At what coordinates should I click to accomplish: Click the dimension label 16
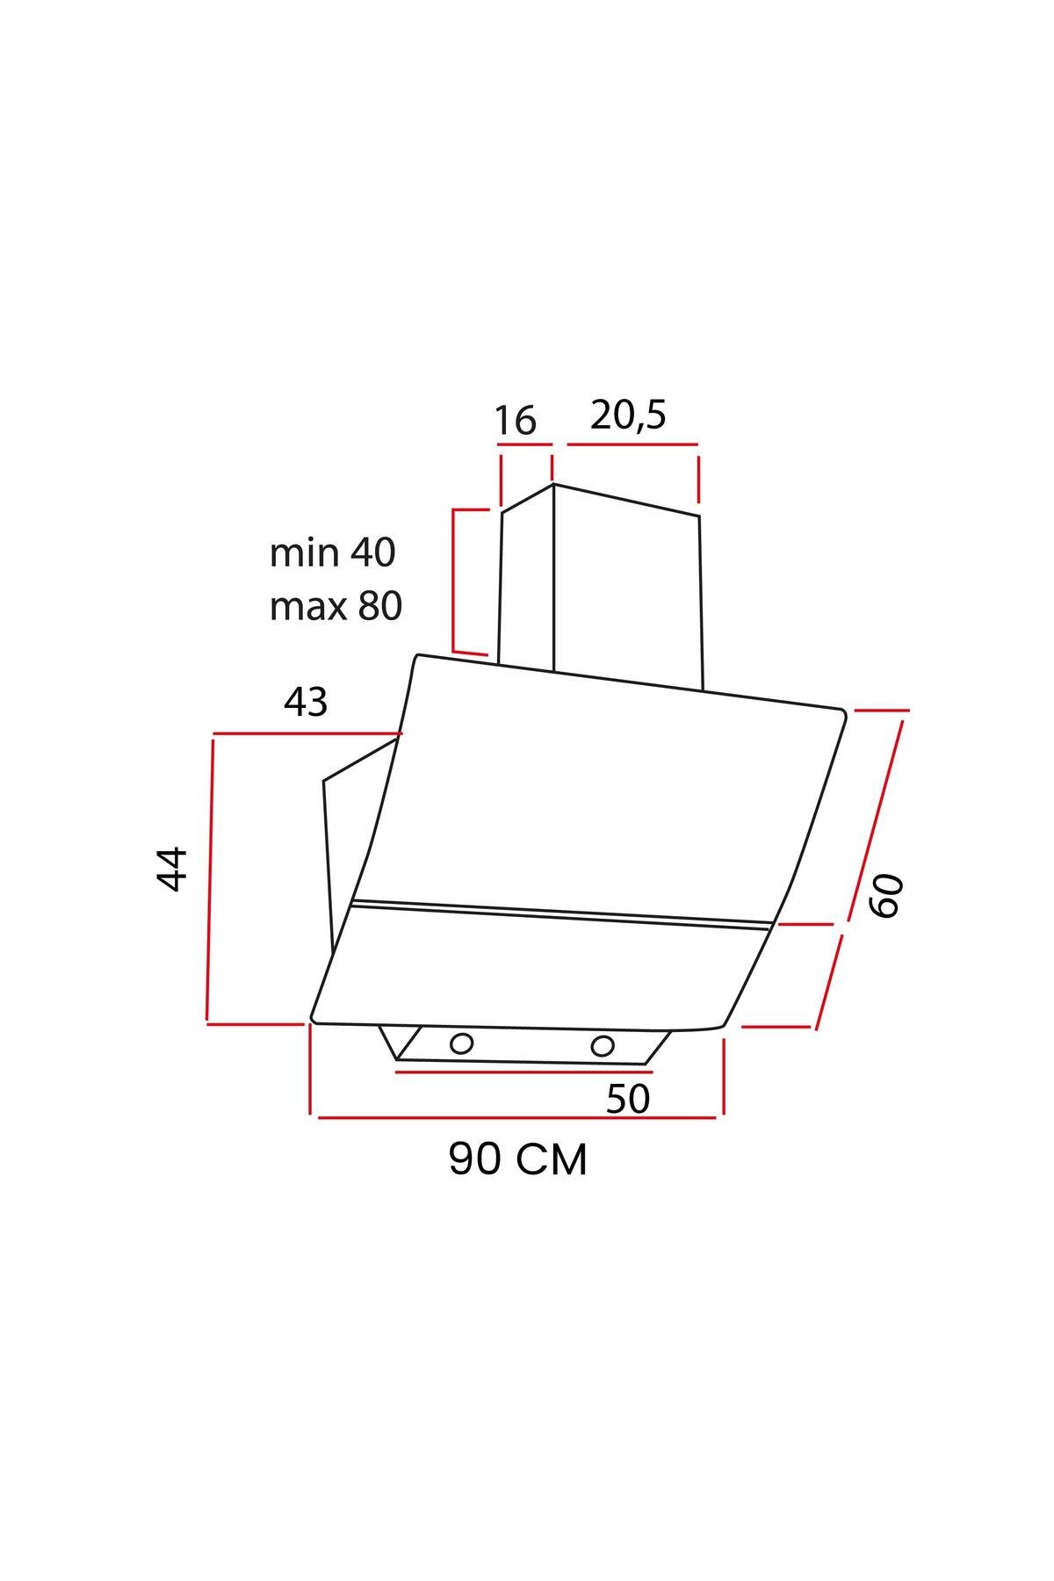515,421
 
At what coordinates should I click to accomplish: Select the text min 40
333,552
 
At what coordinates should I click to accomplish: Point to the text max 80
336,606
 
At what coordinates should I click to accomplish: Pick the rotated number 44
172,869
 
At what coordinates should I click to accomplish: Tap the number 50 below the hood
628,1098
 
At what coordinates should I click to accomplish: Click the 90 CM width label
518,1159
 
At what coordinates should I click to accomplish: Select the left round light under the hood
461,1044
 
